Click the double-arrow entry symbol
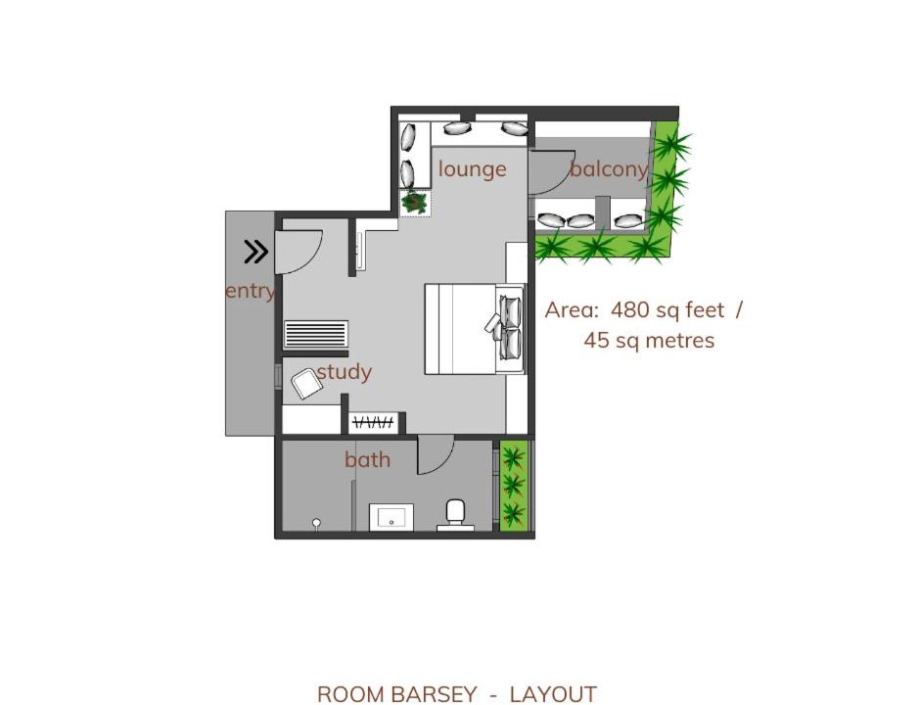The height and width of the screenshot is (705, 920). [256, 252]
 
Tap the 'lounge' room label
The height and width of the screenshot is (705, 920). [473, 169]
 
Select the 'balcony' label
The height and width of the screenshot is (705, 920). [609, 169]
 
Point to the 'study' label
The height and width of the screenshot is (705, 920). [345, 372]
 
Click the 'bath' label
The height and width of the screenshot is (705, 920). [367, 459]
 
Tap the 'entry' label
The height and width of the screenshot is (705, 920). [250, 291]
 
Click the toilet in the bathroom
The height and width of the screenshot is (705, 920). [456, 515]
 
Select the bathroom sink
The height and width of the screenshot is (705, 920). [391, 517]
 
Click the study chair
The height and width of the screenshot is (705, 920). [307, 384]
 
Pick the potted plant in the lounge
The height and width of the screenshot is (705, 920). [415, 202]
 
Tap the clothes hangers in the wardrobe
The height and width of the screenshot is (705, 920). [373, 422]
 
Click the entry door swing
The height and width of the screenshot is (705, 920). [299, 253]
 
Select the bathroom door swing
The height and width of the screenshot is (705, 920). [436, 455]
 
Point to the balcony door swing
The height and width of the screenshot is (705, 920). [551, 171]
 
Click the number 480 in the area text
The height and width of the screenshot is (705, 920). [630, 309]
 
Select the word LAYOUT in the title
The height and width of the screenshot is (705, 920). [553, 694]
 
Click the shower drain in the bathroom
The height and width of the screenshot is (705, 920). [316, 522]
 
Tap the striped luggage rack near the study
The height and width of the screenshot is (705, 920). [316, 335]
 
